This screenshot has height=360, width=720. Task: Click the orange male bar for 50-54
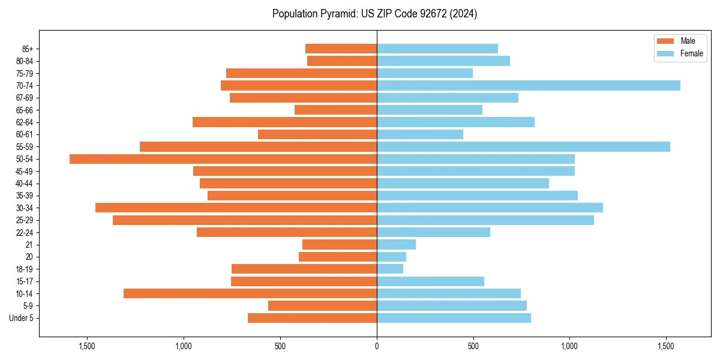tap(223, 159)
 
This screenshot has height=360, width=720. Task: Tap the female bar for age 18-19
tap(390, 269)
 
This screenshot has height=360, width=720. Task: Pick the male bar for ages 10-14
tap(250, 293)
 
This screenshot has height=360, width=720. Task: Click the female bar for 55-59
tap(523, 147)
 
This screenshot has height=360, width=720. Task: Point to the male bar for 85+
tap(341, 49)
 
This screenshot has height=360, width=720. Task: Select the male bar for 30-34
tap(236, 208)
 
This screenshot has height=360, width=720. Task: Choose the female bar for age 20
tap(391, 257)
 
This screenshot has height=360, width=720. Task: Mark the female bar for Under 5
tap(454, 318)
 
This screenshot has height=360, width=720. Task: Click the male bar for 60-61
tap(317, 134)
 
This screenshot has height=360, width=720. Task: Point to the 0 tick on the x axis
tap(377, 346)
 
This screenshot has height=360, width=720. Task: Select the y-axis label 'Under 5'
tap(21, 318)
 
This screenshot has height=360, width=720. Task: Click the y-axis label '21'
tap(29, 245)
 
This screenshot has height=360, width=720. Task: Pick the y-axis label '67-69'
tap(25, 98)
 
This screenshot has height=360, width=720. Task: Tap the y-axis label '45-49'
tap(25, 171)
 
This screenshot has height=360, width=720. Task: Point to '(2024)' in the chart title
tap(466, 14)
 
